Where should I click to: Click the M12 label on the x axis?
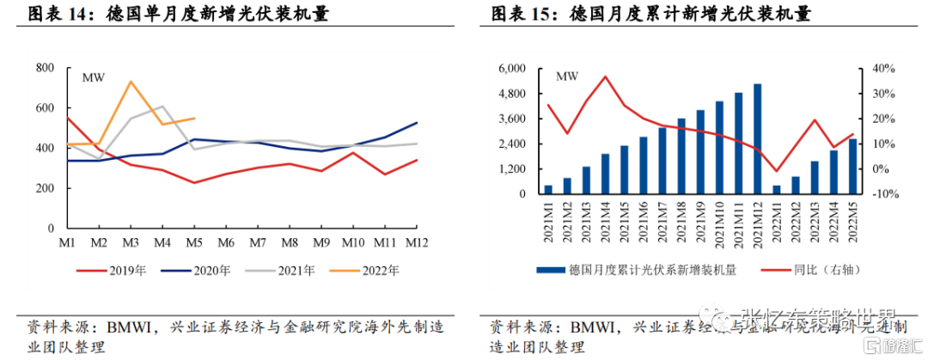click(x=418, y=244)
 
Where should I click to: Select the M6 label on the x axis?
click(x=226, y=244)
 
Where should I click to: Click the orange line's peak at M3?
click(x=130, y=82)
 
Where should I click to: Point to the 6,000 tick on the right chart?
click(x=511, y=68)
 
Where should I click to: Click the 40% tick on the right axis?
click(x=883, y=68)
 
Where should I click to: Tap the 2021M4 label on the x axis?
click(x=606, y=222)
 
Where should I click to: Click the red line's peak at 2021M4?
click(x=606, y=76)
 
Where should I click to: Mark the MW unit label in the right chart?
click(x=567, y=77)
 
